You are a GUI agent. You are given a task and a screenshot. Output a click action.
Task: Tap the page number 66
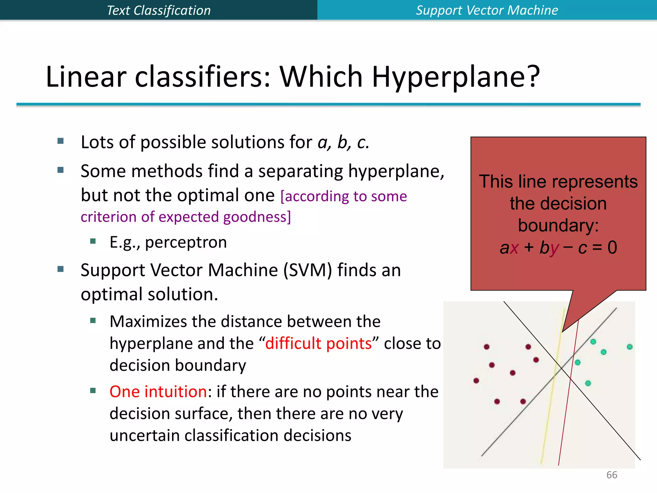611,475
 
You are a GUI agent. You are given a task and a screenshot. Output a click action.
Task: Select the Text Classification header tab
158,10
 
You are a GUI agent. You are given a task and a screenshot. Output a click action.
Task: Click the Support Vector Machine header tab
487,10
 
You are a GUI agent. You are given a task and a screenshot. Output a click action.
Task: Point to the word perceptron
186,242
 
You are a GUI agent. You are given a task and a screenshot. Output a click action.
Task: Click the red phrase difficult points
318,343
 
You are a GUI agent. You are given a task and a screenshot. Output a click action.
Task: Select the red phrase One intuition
158,392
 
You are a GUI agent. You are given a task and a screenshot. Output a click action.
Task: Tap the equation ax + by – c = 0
558,247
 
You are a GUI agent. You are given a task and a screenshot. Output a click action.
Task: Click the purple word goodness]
257,217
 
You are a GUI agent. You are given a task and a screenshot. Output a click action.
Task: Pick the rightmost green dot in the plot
629,347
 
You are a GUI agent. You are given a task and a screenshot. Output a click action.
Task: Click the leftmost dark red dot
476,381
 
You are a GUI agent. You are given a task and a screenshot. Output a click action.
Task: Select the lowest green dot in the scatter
588,383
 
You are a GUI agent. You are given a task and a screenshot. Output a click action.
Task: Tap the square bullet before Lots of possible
61,141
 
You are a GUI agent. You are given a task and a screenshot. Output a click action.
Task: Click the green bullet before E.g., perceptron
93,241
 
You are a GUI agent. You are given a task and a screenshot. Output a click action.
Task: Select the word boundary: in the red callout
558,225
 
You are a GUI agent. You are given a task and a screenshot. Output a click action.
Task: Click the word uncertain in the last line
145,436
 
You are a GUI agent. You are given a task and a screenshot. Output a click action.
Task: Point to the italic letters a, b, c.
343,142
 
